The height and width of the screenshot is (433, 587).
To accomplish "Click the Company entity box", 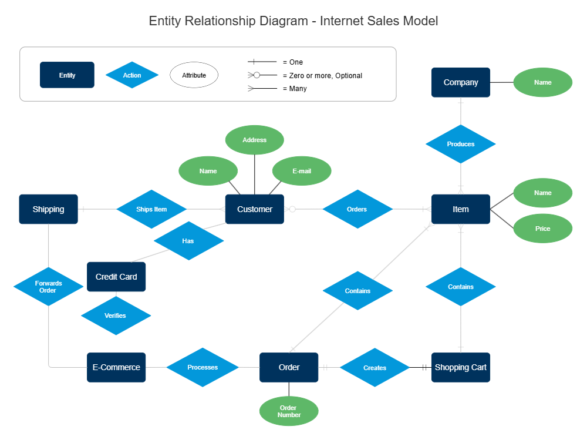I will [460, 82].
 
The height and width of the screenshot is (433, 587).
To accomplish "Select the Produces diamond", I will [460, 144].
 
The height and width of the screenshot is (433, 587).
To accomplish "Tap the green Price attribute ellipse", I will [542, 229].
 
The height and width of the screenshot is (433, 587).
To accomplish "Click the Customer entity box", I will [255, 209].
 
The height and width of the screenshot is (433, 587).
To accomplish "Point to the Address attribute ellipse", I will [254, 140].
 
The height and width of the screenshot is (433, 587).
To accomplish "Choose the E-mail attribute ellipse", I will [302, 171].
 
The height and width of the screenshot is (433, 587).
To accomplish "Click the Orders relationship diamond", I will [357, 209].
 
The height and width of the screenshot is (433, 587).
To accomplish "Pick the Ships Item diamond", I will [151, 209].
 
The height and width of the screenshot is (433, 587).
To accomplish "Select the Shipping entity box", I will [48, 209].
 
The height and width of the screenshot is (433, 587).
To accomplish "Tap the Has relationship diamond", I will [188, 241].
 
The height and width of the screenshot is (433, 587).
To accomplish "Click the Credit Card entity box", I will [116, 277].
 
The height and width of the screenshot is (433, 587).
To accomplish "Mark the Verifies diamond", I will [116, 315].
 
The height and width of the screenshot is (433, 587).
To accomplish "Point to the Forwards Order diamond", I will [48, 287].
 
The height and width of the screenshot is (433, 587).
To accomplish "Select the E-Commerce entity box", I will [116, 367].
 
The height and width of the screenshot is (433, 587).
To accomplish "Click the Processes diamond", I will [203, 367].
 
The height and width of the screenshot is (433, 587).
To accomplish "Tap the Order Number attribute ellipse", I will [289, 411].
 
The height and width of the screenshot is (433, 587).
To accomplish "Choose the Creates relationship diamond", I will [375, 368].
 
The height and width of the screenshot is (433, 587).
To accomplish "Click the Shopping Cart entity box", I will [460, 367].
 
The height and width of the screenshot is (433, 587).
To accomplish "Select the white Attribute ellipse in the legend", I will [194, 75].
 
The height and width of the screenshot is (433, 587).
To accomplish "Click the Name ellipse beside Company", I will [542, 83].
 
